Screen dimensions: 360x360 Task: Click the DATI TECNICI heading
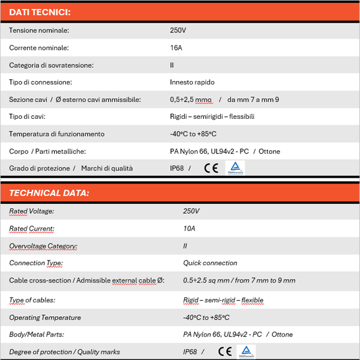coord(40,12)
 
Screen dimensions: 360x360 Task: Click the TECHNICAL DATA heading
coord(49,193)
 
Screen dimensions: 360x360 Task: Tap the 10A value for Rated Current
coord(189,229)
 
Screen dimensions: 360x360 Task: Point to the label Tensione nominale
coord(39,30)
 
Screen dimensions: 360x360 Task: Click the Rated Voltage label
coord(31,211)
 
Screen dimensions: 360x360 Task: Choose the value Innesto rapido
coord(192,82)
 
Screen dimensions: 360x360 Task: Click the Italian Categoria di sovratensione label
coord(51,65)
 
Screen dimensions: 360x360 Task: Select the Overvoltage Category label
coord(43,246)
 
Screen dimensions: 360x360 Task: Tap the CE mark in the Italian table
coord(211,169)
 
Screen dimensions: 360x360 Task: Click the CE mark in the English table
coord(225,352)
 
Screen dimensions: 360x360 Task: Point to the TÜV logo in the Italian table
coord(235,168)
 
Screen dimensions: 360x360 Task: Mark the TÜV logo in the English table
coord(248,352)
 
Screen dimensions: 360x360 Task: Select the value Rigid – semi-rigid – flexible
coord(223,300)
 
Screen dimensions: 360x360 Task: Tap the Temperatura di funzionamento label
coord(56,134)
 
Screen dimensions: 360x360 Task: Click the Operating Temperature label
coord(45,317)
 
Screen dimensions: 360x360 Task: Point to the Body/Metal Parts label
coord(37,334)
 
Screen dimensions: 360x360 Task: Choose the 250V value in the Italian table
coord(179,30)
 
